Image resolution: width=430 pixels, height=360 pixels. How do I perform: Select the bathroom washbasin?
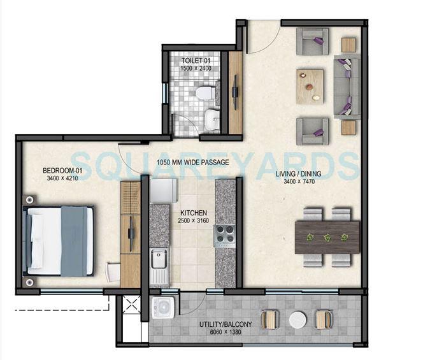click(212, 119)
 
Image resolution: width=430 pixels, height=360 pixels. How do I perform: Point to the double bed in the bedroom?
click(59, 241)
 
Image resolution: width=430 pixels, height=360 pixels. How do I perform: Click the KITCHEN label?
click(192, 213)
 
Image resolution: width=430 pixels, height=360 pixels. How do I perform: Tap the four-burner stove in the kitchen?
click(225, 236)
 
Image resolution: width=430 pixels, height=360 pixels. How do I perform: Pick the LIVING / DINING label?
click(299, 174)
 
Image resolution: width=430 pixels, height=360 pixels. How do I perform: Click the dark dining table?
click(327, 236)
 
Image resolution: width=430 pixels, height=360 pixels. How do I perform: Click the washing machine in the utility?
click(164, 306)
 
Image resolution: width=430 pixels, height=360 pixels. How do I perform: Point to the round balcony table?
click(297, 319)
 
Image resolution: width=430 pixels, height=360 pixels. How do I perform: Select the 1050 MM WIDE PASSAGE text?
click(192, 162)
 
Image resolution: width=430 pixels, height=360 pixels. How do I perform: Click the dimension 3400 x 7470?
click(299, 182)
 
